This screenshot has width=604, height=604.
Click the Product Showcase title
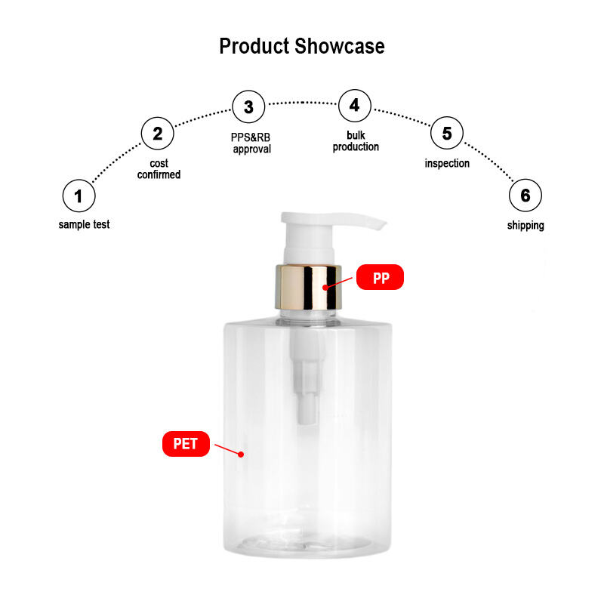(301, 46)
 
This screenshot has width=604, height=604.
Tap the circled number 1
(79, 196)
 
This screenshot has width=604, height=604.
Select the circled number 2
(158, 134)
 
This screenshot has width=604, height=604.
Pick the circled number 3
(248, 106)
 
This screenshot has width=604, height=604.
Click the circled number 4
(355, 106)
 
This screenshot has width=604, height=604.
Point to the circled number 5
(447, 133)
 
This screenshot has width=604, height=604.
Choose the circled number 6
(525, 196)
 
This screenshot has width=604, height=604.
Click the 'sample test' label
(84, 224)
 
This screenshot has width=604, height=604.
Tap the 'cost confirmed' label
(159, 169)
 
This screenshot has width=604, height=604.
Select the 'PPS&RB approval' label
(251, 143)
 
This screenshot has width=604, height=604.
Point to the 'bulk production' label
(356, 141)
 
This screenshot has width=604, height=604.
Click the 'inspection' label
(447, 163)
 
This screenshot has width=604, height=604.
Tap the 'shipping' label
(525, 226)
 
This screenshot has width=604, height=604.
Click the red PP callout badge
(380, 277)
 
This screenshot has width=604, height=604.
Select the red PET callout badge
(186, 444)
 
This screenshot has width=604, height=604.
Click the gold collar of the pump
(308, 288)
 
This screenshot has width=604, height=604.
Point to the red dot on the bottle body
(241, 455)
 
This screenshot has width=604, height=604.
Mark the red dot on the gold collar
(325, 288)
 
